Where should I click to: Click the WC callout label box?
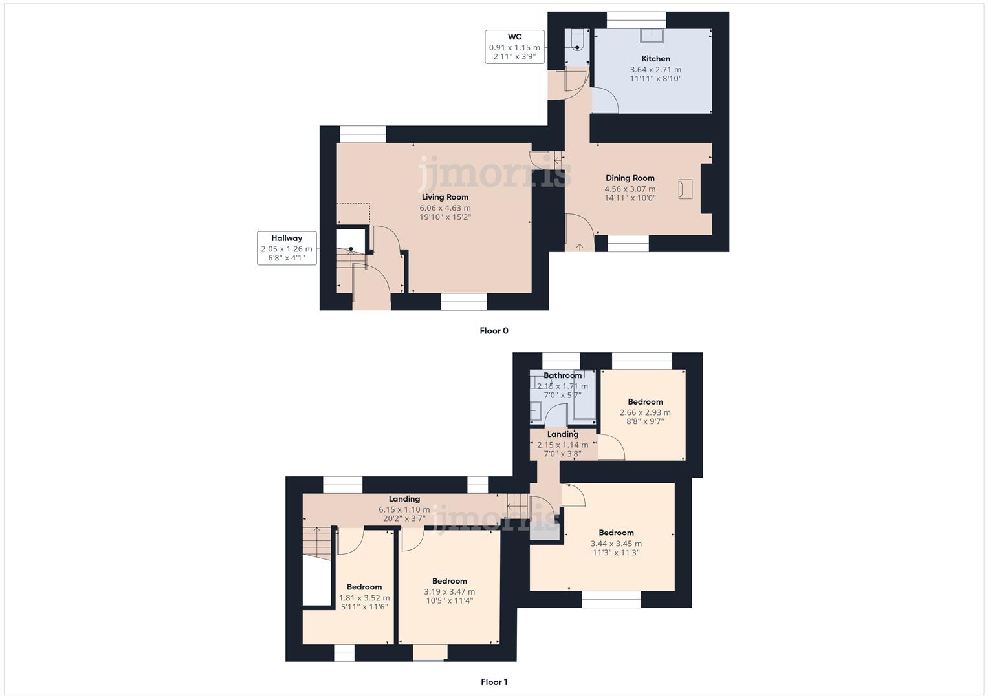514,47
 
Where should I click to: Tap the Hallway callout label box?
287,248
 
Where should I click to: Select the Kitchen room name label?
655,59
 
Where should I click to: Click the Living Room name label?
445,197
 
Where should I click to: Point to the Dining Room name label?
630,178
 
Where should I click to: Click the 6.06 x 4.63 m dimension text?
445,208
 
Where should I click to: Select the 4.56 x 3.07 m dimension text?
630,189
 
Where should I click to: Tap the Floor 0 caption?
494,331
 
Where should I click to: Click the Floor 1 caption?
494,682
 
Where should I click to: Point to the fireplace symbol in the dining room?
685,189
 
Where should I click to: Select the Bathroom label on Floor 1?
562,375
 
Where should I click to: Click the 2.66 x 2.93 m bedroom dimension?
645,412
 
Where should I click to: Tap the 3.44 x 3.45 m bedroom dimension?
616,544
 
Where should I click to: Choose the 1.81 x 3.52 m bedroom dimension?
364,598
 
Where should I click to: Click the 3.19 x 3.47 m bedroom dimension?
449,591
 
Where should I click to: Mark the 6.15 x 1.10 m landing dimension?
404,509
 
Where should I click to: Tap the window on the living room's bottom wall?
464,302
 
